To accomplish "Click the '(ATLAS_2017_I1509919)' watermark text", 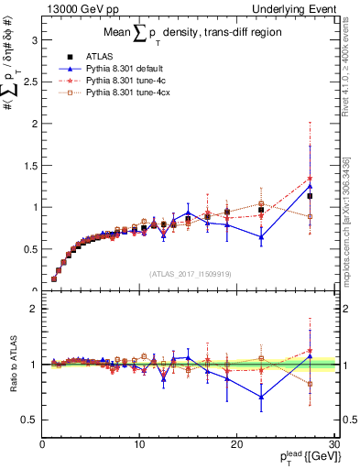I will [x=189, y=273].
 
